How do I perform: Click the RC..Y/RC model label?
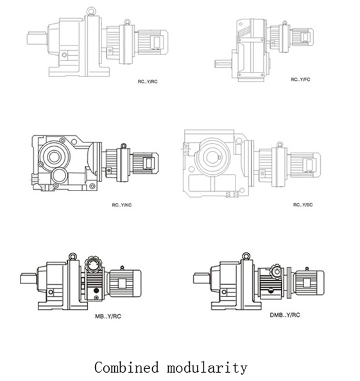click(x=148, y=81)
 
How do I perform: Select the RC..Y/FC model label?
click(x=300, y=80)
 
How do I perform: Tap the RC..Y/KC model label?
click(x=122, y=205)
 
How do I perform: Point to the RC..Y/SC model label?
click(x=303, y=205)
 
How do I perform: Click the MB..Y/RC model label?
click(x=108, y=316)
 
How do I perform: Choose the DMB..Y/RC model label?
click(x=285, y=315)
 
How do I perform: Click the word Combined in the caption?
click(x=126, y=368)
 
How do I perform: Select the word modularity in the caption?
click(x=207, y=368)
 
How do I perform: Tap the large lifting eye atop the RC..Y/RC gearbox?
click(x=91, y=11)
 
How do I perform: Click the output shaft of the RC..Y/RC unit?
click(x=37, y=38)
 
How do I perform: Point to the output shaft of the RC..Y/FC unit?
click(x=223, y=64)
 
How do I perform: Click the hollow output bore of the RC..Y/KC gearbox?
click(x=54, y=157)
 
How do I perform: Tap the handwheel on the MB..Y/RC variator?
click(x=93, y=264)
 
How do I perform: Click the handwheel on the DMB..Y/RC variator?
click(x=277, y=271)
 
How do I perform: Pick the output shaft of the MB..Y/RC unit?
click(x=28, y=278)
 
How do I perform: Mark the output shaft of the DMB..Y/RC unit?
click(x=201, y=278)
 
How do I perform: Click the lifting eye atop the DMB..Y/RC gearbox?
click(x=246, y=256)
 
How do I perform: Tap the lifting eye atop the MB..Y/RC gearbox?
click(x=73, y=257)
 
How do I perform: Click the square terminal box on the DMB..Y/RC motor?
click(x=307, y=283)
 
